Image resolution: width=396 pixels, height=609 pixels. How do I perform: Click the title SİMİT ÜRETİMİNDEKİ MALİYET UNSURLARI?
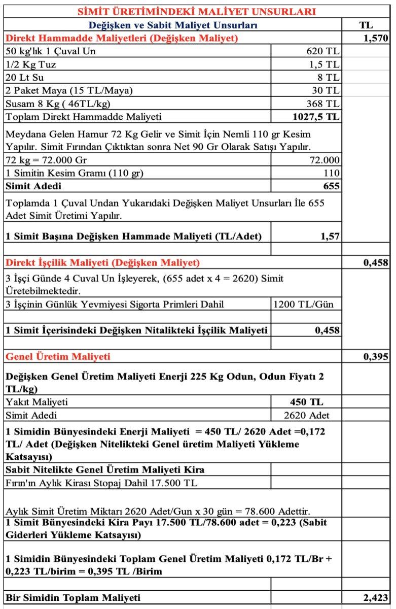pyautogui.click(x=197, y=12)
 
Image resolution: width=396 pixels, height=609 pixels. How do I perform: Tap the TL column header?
pyautogui.click(x=366, y=25)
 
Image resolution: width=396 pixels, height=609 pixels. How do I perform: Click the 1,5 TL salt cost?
pyautogui.click(x=325, y=64)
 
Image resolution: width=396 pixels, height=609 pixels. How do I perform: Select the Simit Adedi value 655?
pyautogui.click(x=331, y=186)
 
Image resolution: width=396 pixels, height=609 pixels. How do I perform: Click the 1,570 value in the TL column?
pyautogui.click(x=375, y=38)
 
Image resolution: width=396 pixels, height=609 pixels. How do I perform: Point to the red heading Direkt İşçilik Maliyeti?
pyautogui.click(x=102, y=262)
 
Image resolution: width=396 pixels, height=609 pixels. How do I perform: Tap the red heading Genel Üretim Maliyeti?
pyautogui.click(x=58, y=356)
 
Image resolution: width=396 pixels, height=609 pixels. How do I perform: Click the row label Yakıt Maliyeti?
pyautogui.click(x=37, y=402)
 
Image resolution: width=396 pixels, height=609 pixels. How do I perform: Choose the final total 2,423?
pyautogui.click(x=375, y=597)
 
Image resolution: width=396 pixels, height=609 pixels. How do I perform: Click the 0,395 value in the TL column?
pyautogui.click(x=375, y=356)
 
